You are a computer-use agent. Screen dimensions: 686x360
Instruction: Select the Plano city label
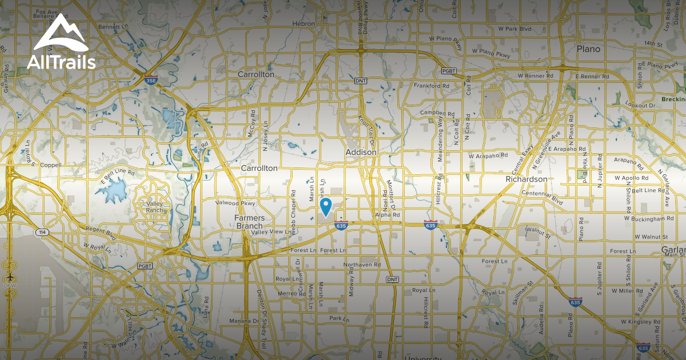pyautogui.click(x=588, y=49)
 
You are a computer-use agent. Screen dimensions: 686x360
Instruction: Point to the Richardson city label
pyautogui.click(x=527, y=179)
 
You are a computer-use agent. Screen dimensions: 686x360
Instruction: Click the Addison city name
pyautogui.click(x=361, y=153)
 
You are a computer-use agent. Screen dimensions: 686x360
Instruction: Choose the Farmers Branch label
pyautogui.click(x=250, y=222)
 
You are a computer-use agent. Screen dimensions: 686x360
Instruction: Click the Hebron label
pyautogui.click(x=304, y=23)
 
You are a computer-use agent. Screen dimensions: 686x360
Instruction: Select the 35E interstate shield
pyautogui.click(x=150, y=79)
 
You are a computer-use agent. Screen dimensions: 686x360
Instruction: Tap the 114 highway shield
pyautogui.click(x=41, y=232)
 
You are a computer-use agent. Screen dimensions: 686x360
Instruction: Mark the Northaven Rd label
pyautogui.click(x=362, y=265)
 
